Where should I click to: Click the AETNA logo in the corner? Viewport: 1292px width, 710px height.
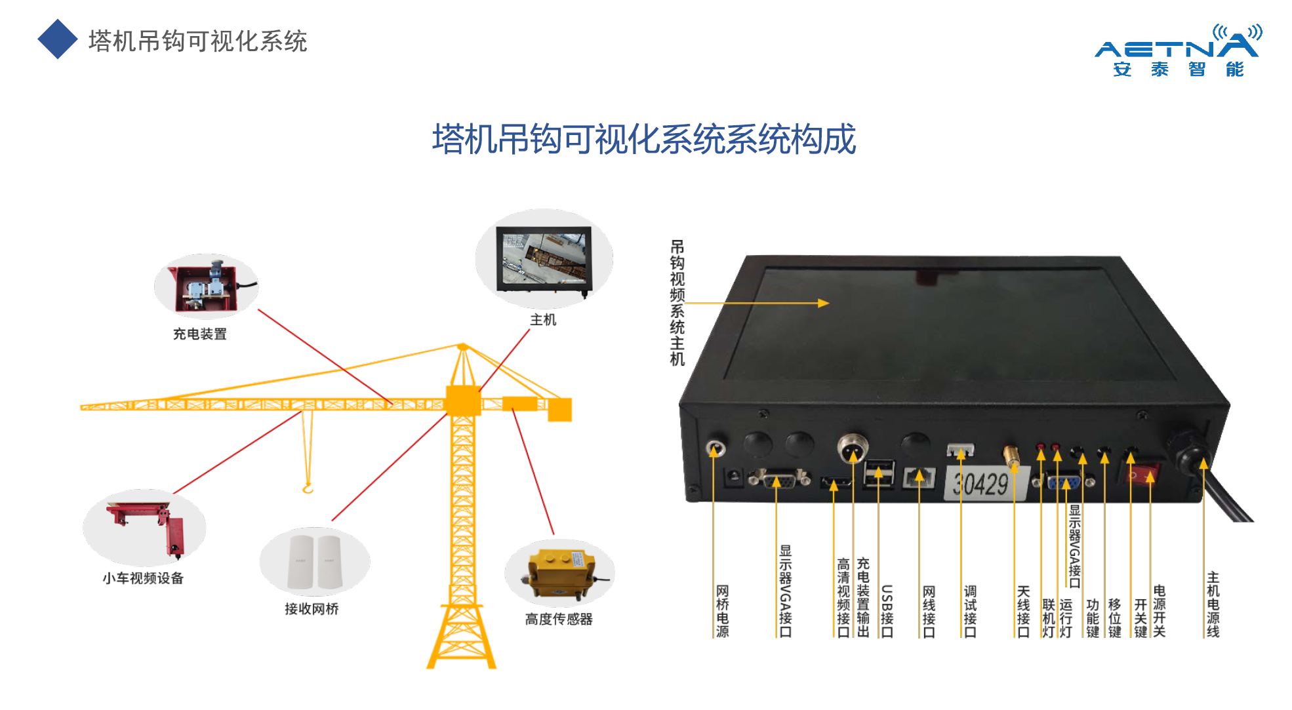[1177, 52]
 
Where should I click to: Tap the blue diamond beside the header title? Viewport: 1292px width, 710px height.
[58, 39]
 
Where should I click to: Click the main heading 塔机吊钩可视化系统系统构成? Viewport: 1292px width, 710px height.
[643, 139]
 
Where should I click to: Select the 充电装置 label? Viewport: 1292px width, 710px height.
[199, 334]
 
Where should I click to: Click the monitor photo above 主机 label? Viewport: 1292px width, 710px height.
[544, 260]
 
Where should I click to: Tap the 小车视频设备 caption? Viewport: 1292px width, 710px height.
[143, 578]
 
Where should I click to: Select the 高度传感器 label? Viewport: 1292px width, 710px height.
[559, 620]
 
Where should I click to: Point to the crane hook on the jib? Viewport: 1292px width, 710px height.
[308, 488]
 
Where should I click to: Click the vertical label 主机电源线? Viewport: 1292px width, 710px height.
[1213, 604]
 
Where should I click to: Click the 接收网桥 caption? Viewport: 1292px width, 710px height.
[312, 609]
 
